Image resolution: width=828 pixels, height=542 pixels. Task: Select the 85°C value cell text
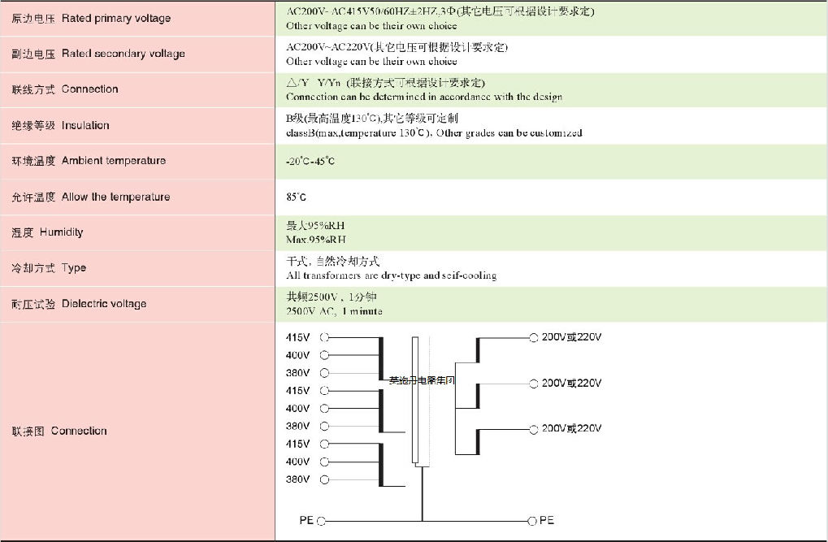pyautogui.click(x=296, y=197)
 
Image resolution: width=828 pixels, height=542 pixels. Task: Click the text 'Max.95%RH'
pyautogui.click(x=316, y=240)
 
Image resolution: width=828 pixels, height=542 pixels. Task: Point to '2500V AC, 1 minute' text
pyautogui.click(x=334, y=311)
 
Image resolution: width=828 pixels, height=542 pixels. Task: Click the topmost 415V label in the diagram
pyautogui.click(x=297, y=337)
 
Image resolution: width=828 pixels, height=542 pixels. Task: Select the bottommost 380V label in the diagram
pyautogui.click(x=297, y=479)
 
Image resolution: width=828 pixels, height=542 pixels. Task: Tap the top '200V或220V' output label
pyautogui.click(x=571, y=337)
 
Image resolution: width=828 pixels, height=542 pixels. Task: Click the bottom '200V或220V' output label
pyautogui.click(x=571, y=428)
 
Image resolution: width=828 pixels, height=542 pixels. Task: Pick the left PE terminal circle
pyautogui.click(x=321, y=521)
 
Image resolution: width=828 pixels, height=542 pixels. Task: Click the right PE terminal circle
pyautogui.click(x=533, y=520)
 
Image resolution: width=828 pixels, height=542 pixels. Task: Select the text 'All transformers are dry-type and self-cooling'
pyautogui.click(x=391, y=275)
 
